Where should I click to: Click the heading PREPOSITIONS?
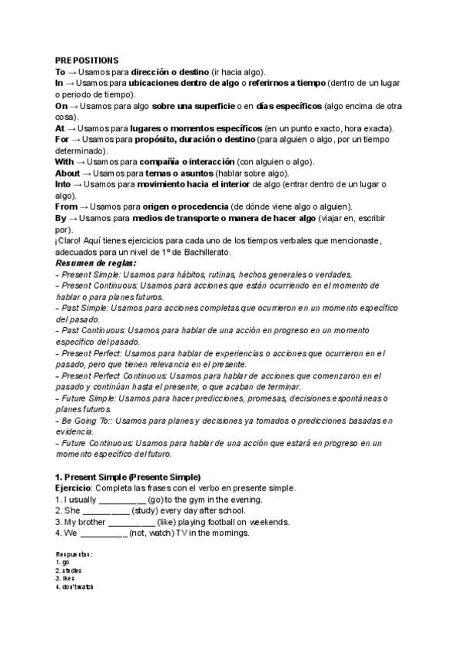click(x=87, y=59)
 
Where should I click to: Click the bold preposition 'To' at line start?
click(x=60, y=71)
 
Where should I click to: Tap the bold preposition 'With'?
click(x=65, y=162)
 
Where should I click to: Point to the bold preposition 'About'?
click(x=68, y=173)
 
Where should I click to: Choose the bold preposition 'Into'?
click(x=65, y=185)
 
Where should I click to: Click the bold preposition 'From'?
click(x=66, y=207)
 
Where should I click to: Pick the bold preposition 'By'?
click(x=61, y=219)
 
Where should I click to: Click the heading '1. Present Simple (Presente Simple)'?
click(x=128, y=477)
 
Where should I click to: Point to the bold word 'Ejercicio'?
click(x=73, y=488)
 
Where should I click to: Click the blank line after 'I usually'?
click(x=122, y=500)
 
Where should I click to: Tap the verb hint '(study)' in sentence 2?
click(x=146, y=511)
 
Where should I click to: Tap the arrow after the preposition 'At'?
click(x=71, y=128)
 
